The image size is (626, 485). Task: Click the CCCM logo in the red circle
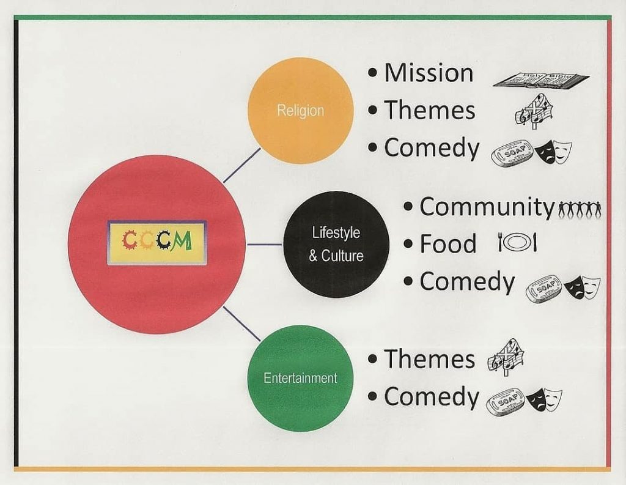pos(157,242)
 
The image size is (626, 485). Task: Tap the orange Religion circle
pos(300,110)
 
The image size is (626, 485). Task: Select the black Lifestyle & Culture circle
pos(336,244)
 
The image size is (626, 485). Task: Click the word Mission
pos(429,73)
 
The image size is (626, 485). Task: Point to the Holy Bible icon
pos(540,80)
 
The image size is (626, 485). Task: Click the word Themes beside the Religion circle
pos(429,111)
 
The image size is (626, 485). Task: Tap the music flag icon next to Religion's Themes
pos(534,111)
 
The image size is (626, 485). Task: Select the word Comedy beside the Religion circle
pos(432,149)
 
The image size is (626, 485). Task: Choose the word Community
pos(487,207)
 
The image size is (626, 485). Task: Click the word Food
pos(447,244)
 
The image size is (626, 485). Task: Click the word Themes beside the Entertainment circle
pos(429,359)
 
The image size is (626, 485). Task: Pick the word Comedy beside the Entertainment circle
pos(431,397)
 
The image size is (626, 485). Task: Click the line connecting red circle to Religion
pos(241,165)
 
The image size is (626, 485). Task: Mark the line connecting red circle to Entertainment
pos(241,324)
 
